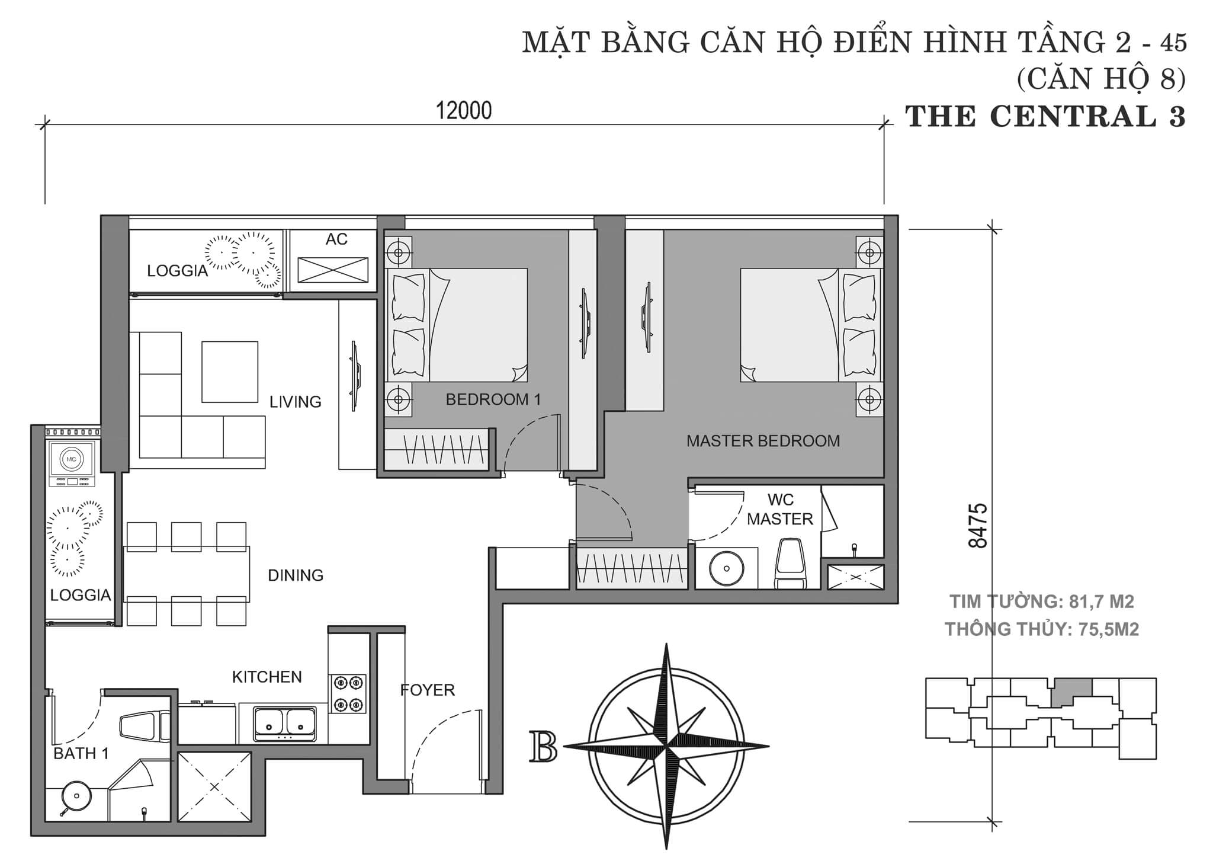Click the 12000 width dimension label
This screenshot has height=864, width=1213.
click(464, 111)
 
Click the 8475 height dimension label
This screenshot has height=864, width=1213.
click(978, 526)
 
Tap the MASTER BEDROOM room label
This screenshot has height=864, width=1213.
click(763, 441)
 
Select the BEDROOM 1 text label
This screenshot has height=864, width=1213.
click(493, 399)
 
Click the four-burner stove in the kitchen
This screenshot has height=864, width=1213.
click(348, 693)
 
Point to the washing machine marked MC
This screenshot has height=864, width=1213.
click(71, 460)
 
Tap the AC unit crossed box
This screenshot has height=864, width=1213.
click(332, 270)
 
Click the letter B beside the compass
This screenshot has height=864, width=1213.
click(543, 747)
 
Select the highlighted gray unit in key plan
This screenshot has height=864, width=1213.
click(1071, 692)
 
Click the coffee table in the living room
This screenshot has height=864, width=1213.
click(229, 372)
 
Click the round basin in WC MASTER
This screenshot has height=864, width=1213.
click(726, 568)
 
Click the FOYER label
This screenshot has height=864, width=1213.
click(427, 690)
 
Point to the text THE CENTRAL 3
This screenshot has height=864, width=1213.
click(1045, 116)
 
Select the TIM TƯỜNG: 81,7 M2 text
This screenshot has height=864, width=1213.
click(1041, 602)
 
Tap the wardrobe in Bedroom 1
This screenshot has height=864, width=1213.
click(437, 450)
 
